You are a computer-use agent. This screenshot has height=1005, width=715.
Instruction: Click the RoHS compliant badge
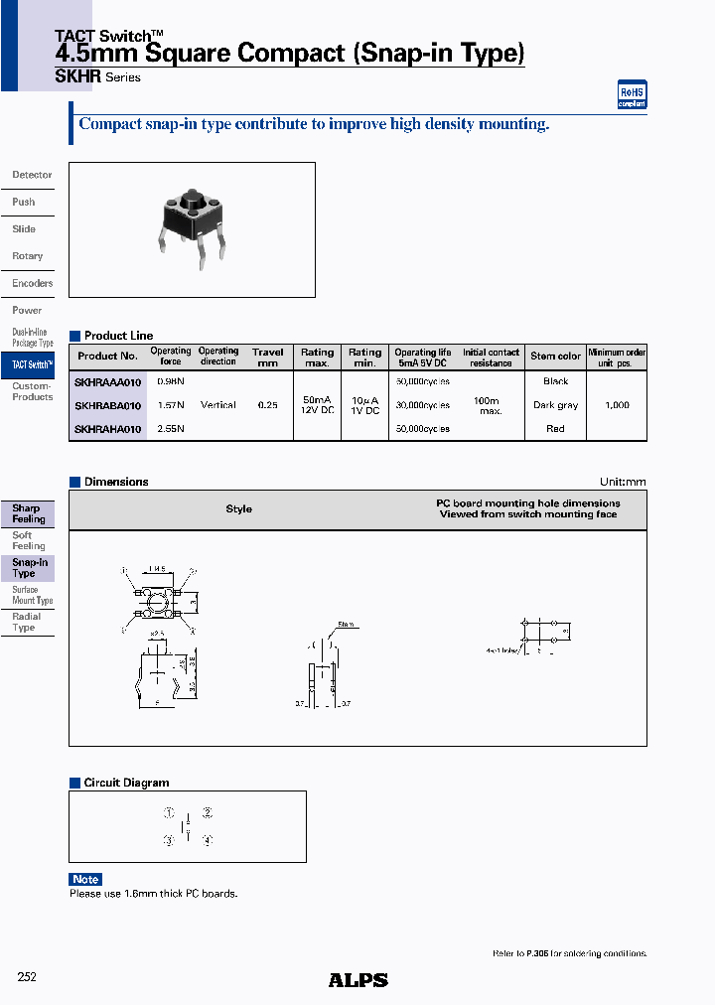(x=632, y=94)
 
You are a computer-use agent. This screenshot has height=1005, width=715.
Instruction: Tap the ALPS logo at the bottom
(x=357, y=980)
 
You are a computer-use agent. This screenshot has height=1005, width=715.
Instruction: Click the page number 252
(x=27, y=977)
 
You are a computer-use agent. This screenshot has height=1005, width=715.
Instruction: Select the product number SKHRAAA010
(x=108, y=381)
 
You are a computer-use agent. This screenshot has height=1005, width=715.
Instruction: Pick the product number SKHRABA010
(x=108, y=405)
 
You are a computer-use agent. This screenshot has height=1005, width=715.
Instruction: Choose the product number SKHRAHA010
(x=108, y=429)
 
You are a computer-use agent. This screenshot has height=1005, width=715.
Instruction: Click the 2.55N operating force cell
(x=171, y=429)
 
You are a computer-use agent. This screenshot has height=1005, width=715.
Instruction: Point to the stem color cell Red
(x=555, y=429)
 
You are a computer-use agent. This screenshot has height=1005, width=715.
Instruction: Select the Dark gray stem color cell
(x=555, y=405)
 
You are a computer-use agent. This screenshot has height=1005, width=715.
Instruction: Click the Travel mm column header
(x=267, y=358)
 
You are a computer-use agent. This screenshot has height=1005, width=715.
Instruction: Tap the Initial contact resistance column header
(x=491, y=358)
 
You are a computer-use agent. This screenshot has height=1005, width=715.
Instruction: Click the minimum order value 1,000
(x=617, y=405)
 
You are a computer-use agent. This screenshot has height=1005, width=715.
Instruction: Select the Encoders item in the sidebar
(x=32, y=283)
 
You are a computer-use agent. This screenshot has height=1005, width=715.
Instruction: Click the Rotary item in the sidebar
(x=28, y=256)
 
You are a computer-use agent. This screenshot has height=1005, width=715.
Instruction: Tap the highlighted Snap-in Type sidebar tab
(x=29, y=567)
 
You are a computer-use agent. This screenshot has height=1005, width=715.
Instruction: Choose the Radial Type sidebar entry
(x=26, y=622)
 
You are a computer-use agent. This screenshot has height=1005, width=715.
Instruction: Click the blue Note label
(x=85, y=879)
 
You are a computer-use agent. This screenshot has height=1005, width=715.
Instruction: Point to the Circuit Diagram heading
(x=126, y=783)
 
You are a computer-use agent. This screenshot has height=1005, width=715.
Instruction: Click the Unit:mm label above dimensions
(x=623, y=482)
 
